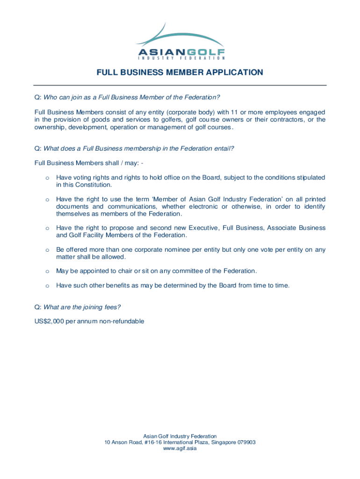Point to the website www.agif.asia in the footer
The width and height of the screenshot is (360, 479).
click(x=180, y=449)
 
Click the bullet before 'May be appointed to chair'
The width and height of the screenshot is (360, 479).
click(x=47, y=271)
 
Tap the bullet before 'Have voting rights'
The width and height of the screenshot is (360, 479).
click(x=47, y=178)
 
